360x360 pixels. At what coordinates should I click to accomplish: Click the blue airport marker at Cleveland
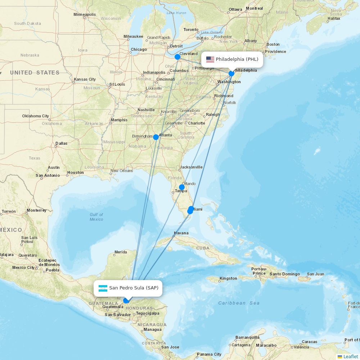[177, 57]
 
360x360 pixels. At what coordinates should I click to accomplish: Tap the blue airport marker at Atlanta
[156, 137]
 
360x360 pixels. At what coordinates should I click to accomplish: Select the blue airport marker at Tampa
[182, 187]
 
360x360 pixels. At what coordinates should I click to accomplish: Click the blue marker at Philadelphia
[231, 73]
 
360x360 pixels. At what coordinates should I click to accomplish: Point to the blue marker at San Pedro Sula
[126, 301]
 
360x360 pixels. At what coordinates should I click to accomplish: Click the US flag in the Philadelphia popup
[210, 59]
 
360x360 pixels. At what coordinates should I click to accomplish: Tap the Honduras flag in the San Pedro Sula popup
[103, 288]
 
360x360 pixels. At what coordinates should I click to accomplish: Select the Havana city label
[181, 233]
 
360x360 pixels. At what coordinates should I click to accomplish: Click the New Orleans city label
[122, 171]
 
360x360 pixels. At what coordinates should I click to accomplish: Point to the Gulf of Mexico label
[96, 217]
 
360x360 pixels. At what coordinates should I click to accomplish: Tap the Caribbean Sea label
[239, 303]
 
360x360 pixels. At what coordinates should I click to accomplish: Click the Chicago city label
[139, 50]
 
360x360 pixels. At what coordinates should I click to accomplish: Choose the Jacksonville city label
[191, 167]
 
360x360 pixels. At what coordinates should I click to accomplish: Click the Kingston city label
[228, 278]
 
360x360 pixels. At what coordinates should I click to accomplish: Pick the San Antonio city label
[48, 175]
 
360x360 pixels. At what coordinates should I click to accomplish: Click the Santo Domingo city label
[285, 274]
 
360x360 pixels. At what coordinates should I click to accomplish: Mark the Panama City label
[209, 354]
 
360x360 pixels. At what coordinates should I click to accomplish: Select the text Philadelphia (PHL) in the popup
[237, 59]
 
